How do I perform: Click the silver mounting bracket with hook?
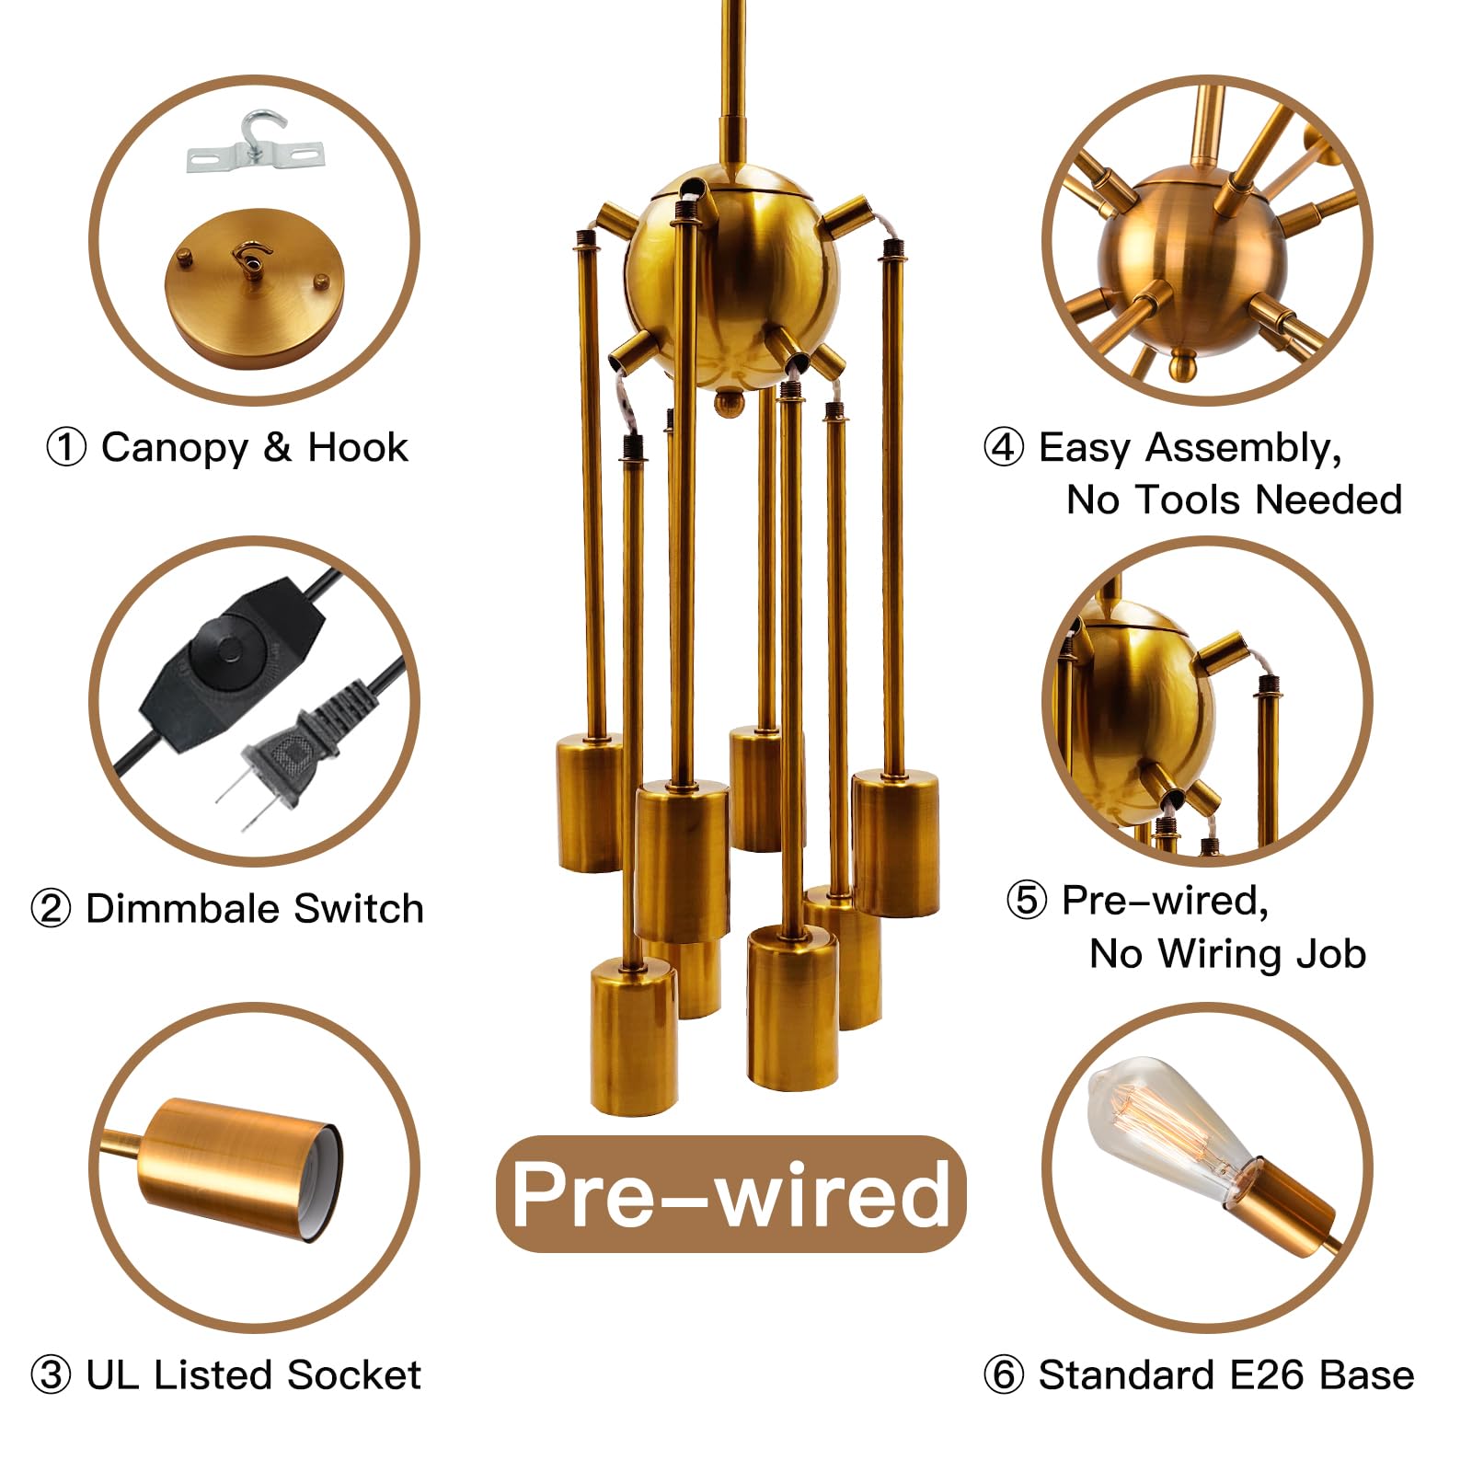pos(254,147)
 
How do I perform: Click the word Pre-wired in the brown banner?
pos(730,1194)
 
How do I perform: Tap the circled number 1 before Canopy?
pos(66,448)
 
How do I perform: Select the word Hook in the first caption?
pos(358,447)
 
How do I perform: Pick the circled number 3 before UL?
pos(51,1375)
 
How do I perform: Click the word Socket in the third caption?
pos(353,1374)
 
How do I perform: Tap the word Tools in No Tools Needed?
pos(1192,500)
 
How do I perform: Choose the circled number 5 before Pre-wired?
pos(1027,900)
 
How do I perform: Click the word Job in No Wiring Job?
pos(1330,954)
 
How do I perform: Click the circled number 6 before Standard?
pos(1004,1375)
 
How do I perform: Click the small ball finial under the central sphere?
pos(729,402)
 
